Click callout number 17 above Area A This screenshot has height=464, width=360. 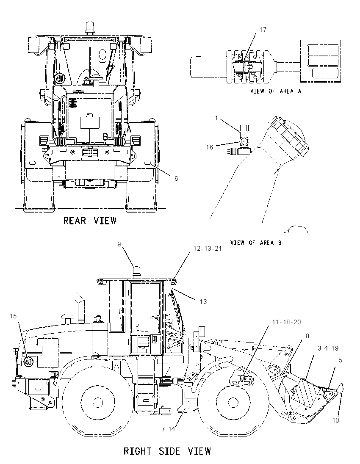coord(263,30)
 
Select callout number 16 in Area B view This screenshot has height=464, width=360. coord(210,147)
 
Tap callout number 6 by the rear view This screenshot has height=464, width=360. coord(176,178)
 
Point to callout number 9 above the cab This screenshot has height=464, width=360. coord(119,244)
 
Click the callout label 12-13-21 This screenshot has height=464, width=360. coord(208,249)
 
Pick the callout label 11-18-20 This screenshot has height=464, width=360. coord(286,322)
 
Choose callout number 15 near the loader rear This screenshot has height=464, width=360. coord(13,316)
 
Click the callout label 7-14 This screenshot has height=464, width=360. coord(168,429)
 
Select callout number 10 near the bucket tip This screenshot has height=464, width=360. coord(335,420)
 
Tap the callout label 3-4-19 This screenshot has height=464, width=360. coord(328,348)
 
